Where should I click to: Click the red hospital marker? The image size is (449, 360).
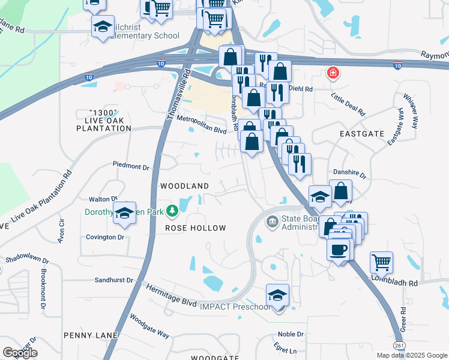[x=332, y=74]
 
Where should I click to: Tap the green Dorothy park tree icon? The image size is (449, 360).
[x=172, y=211]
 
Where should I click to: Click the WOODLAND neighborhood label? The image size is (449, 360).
[x=184, y=187]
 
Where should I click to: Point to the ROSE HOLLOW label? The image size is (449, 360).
[x=196, y=228]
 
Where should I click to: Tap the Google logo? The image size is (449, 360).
[x=20, y=353]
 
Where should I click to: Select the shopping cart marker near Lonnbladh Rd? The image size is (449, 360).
[x=381, y=262]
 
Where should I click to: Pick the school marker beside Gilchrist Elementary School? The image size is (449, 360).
[x=103, y=26]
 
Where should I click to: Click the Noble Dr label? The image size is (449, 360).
[x=288, y=334]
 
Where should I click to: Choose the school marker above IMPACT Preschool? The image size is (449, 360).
[x=277, y=295]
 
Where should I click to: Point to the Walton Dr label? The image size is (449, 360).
[x=102, y=199]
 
